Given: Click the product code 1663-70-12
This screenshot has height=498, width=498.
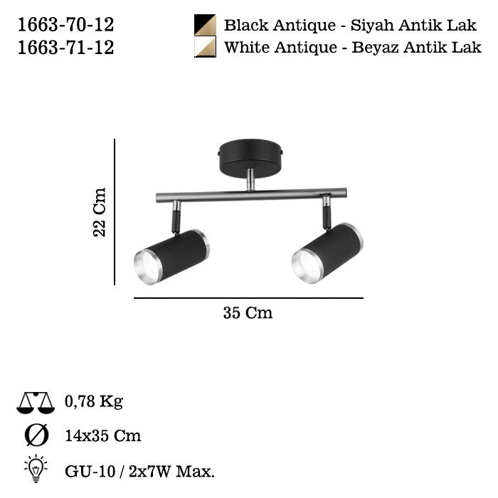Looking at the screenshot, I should pos(65,26).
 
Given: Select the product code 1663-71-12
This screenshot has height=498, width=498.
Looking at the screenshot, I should pos(65,48).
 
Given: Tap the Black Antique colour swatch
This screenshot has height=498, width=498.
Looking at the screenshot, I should pos(205,26).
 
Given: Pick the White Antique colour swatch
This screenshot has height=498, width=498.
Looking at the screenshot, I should pos(205,48).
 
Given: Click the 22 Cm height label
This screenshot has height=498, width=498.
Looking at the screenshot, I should pos(100,212).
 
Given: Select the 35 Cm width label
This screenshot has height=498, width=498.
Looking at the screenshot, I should pos(248,313).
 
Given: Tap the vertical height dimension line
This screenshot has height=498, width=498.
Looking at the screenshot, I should pos(115,212).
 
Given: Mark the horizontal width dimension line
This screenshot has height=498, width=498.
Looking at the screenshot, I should pos(248,298).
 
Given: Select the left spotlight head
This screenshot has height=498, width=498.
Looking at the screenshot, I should pos(171,256).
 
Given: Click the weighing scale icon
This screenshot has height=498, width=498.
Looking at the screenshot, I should pos(36,403).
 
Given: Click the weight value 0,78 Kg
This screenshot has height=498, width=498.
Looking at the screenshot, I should pos(93,402).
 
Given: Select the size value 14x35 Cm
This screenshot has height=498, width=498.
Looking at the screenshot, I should pos(102,435).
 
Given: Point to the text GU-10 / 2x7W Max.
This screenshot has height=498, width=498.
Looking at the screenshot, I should pos(139,470).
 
